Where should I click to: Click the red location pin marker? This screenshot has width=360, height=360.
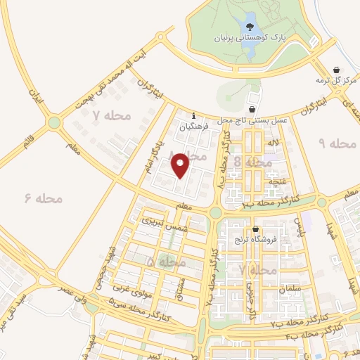pyautogui.click(x=181, y=165)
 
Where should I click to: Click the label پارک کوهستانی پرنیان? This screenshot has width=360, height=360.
pyautogui.click(x=250, y=39)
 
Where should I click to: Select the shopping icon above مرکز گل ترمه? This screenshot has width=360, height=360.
pyautogui.click(x=335, y=70)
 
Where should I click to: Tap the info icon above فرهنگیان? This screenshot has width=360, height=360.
pyautogui.click(x=194, y=117)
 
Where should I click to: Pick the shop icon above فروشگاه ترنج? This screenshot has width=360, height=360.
pyautogui.click(x=256, y=229)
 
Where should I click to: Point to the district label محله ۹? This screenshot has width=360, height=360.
pyautogui.click(x=339, y=143)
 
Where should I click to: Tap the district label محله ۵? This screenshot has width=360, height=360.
pyautogui.click(x=166, y=262)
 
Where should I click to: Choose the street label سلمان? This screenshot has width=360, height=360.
pyautogui.click(x=289, y=289)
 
